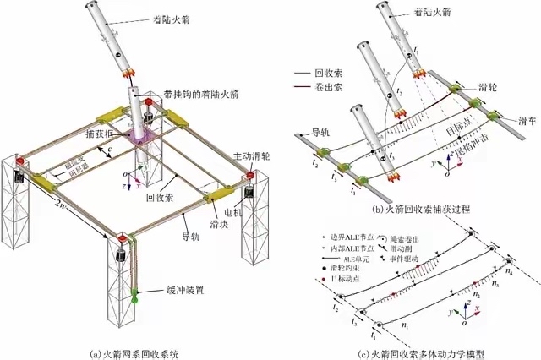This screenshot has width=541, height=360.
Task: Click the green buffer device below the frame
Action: pos(134,296)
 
